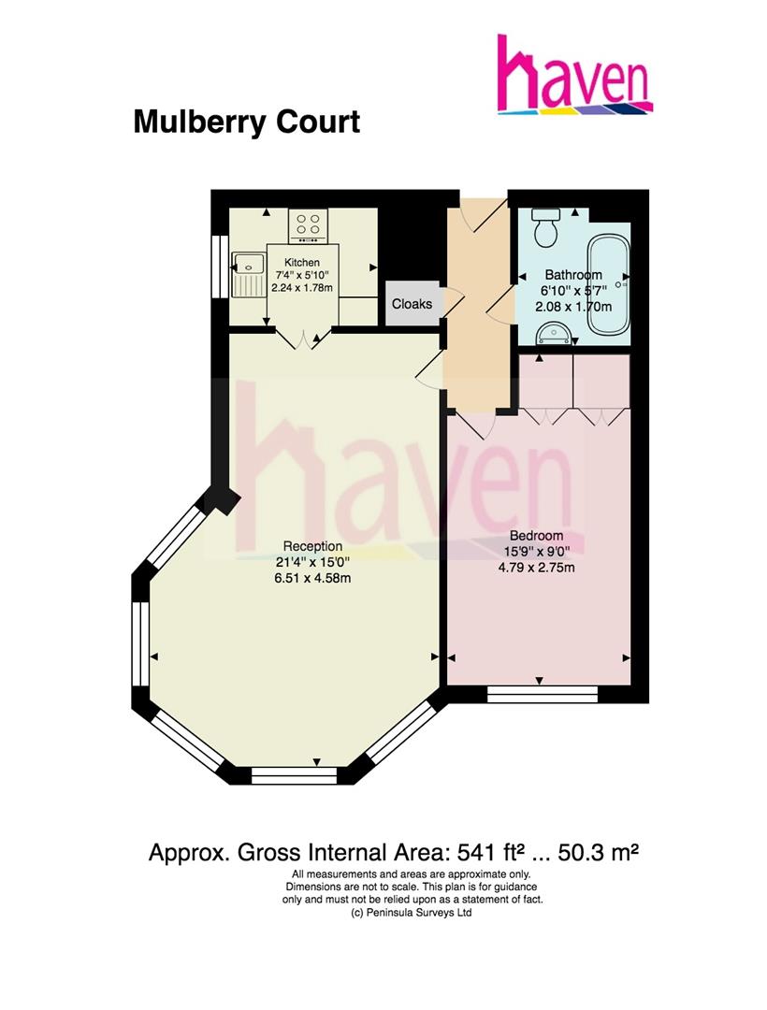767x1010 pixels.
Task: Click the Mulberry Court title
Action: point(246,122)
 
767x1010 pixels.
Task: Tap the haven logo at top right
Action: point(574,76)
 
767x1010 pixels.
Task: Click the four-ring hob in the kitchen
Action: point(309,224)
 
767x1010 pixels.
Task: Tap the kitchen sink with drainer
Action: point(250,272)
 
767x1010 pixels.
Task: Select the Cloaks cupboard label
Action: point(412,304)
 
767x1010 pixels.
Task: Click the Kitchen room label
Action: point(302,263)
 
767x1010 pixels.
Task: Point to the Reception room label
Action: point(313,546)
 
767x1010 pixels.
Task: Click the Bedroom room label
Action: point(546,537)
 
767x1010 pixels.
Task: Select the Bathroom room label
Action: point(573,275)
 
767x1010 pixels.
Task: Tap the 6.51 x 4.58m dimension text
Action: point(313,577)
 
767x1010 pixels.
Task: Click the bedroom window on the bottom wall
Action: point(543,694)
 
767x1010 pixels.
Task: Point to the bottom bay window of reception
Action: point(296,774)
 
